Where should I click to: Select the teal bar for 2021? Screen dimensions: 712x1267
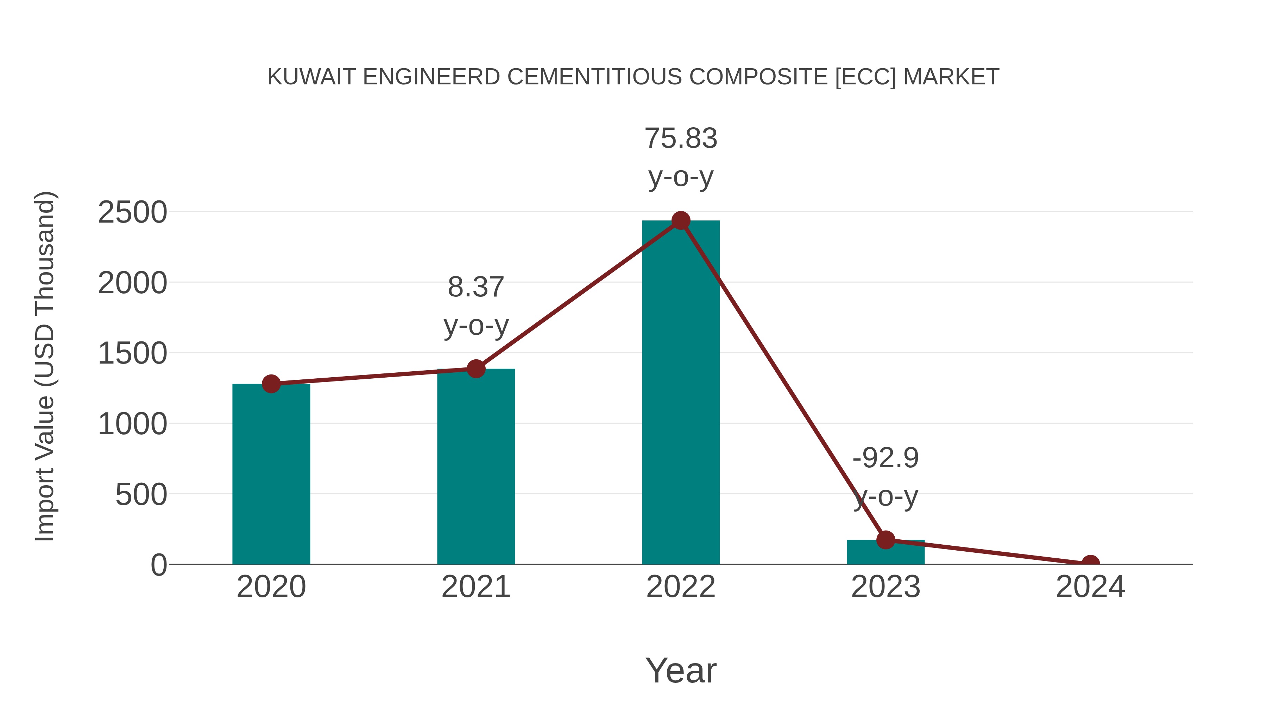(475, 467)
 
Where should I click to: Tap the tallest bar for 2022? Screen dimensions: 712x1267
(680, 393)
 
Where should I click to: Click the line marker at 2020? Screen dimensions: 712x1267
(271, 384)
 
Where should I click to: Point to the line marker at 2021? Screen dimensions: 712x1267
(475, 368)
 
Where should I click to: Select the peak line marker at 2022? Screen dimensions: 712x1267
(680, 220)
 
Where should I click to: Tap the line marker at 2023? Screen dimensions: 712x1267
(885, 539)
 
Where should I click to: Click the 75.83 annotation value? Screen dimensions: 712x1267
(680, 139)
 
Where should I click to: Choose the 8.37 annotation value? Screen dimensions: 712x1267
(475, 288)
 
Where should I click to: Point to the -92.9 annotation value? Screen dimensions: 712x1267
(885, 458)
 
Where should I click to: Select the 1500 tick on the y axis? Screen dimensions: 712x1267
(132, 354)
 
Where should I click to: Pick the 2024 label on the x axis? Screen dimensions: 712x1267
(1090, 587)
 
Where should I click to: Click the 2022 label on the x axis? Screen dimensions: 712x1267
(680, 587)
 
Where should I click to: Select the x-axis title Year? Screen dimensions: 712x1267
(680, 671)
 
